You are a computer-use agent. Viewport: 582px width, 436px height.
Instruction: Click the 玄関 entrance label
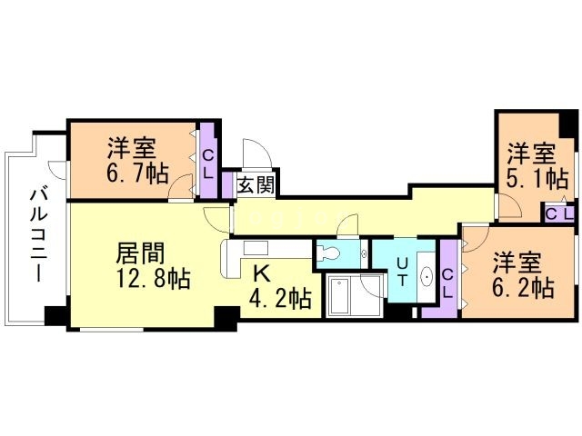(x=256, y=184)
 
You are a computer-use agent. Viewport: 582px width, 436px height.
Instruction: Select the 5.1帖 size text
(x=530, y=178)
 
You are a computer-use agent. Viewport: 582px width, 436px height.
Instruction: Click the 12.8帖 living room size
(x=153, y=279)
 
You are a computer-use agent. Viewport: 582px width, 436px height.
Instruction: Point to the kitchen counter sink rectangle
(x=255, y=247)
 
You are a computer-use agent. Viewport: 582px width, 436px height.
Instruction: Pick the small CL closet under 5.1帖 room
(x=559, y=213)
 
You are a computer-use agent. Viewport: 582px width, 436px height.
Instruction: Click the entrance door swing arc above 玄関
(x=254, y=153)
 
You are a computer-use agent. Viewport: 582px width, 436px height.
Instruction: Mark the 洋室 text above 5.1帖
(x=531, y=152)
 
